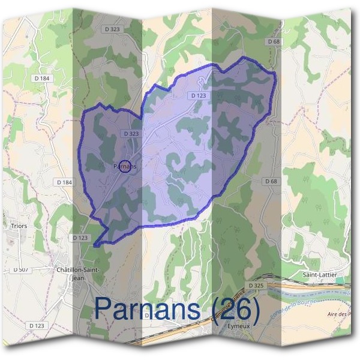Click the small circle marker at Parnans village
tap(125, 166)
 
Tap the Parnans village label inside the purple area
tap(125, 166)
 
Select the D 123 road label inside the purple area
tap(198, 95)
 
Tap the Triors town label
tap(19, 226)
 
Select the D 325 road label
tap(256, 285)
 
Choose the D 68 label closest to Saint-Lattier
tap(271, 181)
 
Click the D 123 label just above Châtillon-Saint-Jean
tap(80, 238)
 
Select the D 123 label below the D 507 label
tap(37, 325)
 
